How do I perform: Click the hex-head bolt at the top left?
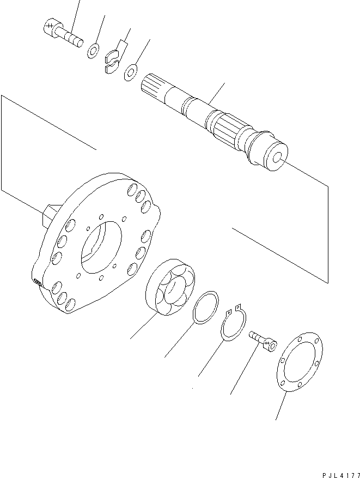[62, 33]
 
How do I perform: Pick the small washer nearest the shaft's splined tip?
[131, 71]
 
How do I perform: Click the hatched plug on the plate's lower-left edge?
[38, 282]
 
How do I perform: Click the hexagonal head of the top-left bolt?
[48, 27]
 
